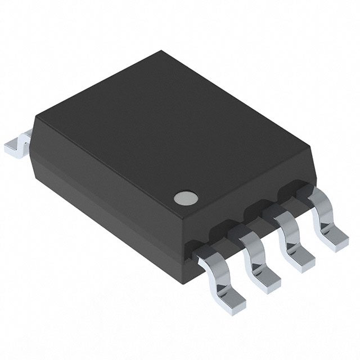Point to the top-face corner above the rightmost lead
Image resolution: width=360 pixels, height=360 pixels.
coord(310,147)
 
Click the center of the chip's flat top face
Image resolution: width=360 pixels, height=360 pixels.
coord(172,132)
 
